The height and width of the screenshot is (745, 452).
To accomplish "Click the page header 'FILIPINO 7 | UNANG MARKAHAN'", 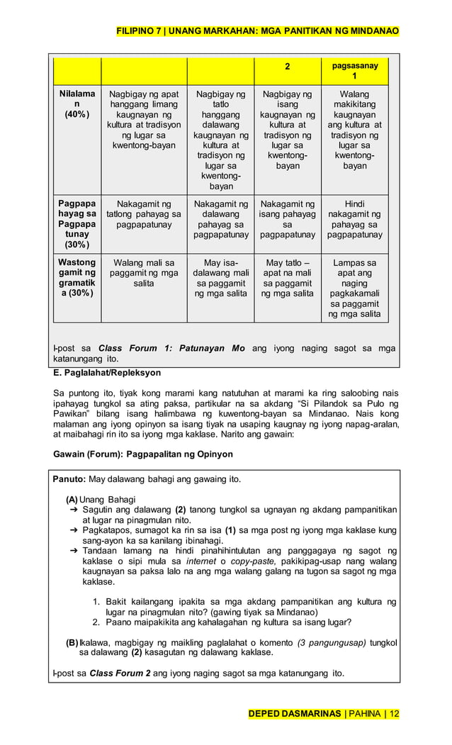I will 258,31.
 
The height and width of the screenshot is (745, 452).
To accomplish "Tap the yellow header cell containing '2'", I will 287,67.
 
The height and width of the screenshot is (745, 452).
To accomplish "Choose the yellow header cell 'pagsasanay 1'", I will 354,71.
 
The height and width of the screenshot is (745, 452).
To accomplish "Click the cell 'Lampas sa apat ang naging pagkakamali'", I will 354,288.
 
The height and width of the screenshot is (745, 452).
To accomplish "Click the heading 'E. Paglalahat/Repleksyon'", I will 107,372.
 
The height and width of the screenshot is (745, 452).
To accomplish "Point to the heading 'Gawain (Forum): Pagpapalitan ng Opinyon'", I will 143,454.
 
